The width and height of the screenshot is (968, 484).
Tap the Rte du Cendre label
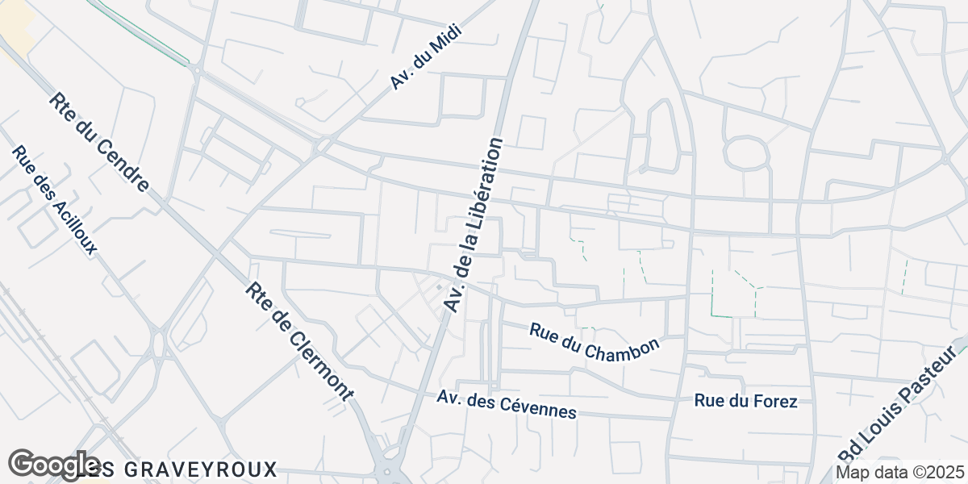click(x=99, y=142)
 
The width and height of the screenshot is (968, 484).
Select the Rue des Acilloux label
click(x=54, y=200)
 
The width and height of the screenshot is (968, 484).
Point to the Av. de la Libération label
click(x=474, y=225)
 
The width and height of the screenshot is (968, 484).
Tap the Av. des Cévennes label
click(x=507, y=405)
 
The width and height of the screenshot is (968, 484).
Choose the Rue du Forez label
click(x=746, y=401)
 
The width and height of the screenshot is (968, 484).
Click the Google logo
click(x=53, y=465)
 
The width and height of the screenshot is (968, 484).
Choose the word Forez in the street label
click(x=774, y=401)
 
